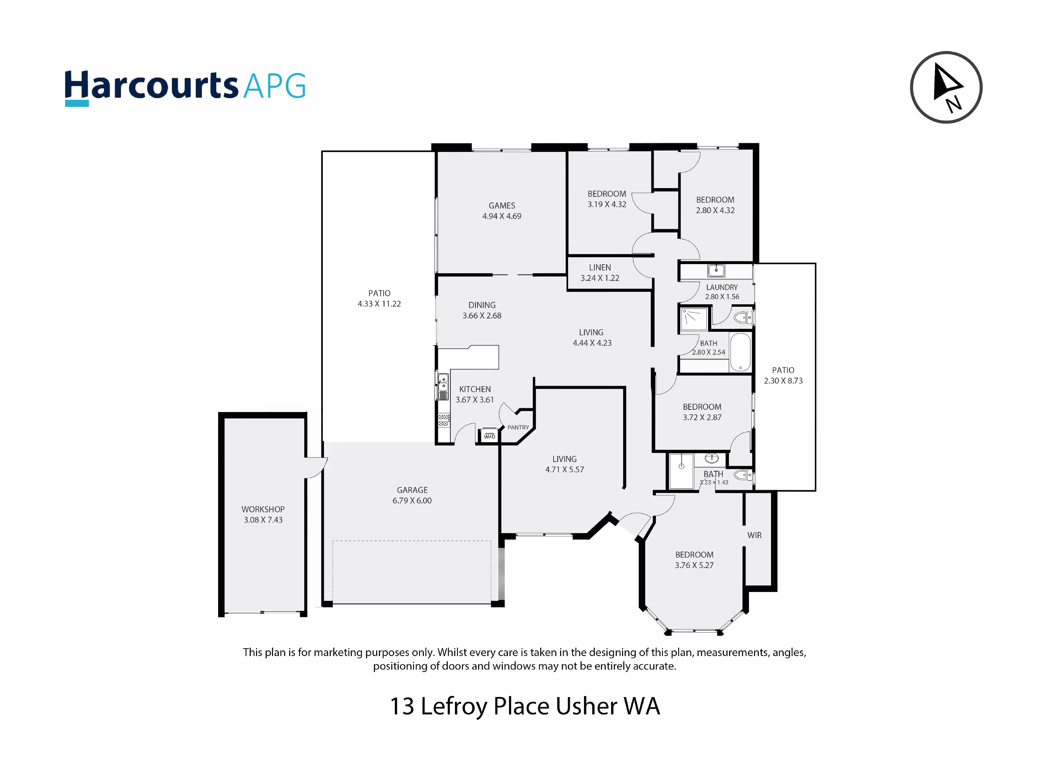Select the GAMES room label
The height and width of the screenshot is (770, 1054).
[x=502, y=206]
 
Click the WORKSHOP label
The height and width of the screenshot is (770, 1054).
[x=263, y=509]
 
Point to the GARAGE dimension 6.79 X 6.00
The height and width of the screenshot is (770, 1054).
[x=412, y=501]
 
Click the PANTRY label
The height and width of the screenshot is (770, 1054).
[x=518, y=427]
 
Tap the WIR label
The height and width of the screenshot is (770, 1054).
[x=754, y=535]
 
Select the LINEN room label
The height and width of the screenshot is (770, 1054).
[x=599, y=267]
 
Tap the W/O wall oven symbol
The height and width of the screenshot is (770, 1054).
[x=489, y=435]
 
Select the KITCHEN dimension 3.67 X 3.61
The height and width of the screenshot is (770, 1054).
[x=474, y=400]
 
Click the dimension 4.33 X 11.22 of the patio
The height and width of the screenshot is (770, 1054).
[x=379, y=304]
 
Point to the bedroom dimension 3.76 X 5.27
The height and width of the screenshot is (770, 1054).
[x=694, y=565]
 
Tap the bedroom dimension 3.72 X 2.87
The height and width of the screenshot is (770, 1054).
[x=702, y=418]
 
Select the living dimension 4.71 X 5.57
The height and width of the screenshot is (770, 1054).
[x=565, y=470]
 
